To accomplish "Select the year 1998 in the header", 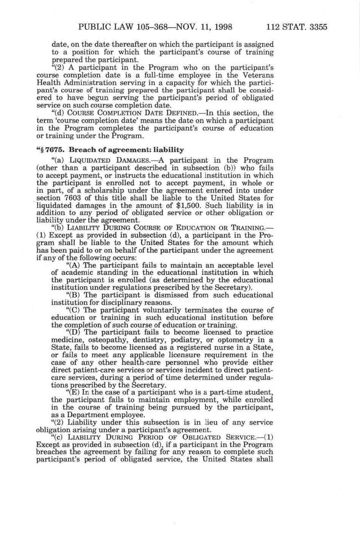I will pyautogui.click(x=222, y=27).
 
